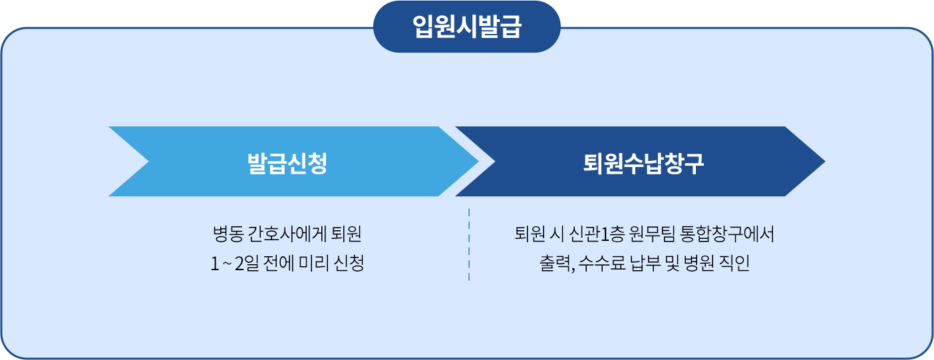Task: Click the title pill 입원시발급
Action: pos(466,27)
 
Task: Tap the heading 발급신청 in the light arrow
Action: pos(287,162)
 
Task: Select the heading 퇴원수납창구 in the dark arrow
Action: pos(643,162)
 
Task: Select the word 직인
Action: pos(736,264)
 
